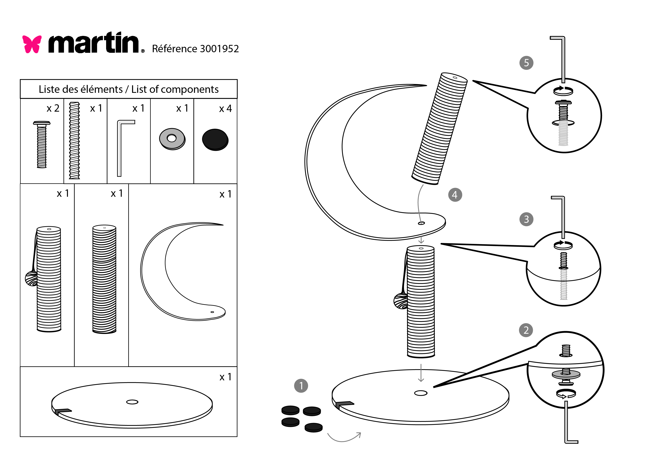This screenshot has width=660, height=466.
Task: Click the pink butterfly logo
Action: click(x=32, y=44)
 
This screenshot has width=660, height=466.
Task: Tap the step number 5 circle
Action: click(x=526, y=63)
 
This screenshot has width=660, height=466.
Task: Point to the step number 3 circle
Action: click(x=526, y=219)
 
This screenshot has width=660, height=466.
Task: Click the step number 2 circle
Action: click(x=526, y=330)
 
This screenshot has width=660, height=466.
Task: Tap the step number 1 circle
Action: click(x=301, y=386)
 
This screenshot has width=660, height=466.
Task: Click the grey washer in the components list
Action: click(x=172, y=139)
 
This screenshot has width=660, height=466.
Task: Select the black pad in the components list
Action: click(x=215, y=140)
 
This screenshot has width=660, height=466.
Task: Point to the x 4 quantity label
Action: click(x=225, y=109)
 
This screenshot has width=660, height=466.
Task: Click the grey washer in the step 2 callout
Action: click(x=566, y=374)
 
